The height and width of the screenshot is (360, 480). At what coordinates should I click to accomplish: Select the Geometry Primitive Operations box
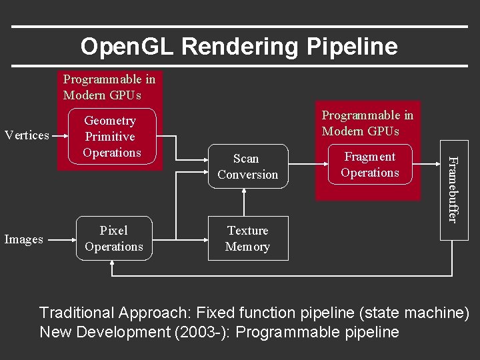tap(111, 137)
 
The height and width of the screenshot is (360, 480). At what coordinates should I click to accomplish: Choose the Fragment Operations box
tap(369, 165)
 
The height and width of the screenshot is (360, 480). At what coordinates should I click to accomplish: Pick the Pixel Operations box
tap(114, 239)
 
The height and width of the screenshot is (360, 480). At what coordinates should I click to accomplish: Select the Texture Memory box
tap(247, 239)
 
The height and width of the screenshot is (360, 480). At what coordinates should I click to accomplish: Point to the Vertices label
tap(27, 135)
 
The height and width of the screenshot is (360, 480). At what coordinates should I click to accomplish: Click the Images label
tap(24, 239)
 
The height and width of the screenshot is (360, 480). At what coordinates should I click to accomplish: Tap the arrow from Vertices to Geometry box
tap(63, 135)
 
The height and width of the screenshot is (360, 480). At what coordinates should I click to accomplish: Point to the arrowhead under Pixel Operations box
tap(114, 264)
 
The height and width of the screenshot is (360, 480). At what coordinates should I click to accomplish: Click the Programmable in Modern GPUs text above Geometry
tap(109, 87)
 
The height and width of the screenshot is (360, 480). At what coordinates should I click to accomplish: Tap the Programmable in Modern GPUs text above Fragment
tap(367, 123)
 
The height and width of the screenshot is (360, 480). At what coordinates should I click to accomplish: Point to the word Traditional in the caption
tap(77, 312)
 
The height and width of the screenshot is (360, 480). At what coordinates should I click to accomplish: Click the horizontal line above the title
tap(240, 27)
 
